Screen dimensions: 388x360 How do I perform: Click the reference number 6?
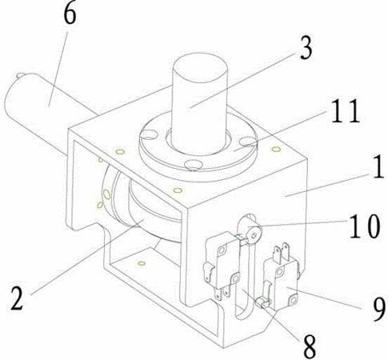tap(70, 14)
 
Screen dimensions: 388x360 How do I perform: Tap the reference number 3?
tap(306, 48)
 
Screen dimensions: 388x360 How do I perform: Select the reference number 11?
tap(346, 110)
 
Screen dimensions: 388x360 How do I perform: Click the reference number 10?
tap(365, 226)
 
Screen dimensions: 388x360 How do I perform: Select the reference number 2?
tap(18, 298)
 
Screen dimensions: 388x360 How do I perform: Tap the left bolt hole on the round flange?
tap(149, 134)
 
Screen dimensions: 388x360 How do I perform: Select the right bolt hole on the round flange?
tap(248, 141)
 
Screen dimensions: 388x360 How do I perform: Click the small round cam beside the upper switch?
tap(253, 231)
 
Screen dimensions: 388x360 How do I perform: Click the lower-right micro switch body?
tap(282, 282)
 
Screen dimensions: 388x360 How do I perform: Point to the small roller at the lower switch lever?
tap(262, 302)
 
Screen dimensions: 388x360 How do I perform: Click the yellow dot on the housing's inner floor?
tap(142, 263)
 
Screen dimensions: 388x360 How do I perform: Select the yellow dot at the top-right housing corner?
tap(276, 149)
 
